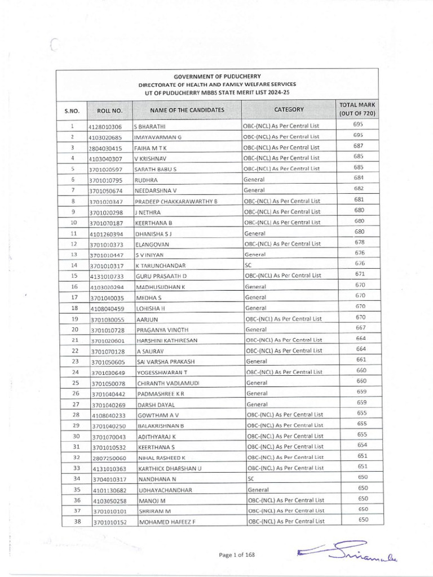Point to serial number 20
click(73, 329)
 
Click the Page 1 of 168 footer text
click(237, 555)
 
